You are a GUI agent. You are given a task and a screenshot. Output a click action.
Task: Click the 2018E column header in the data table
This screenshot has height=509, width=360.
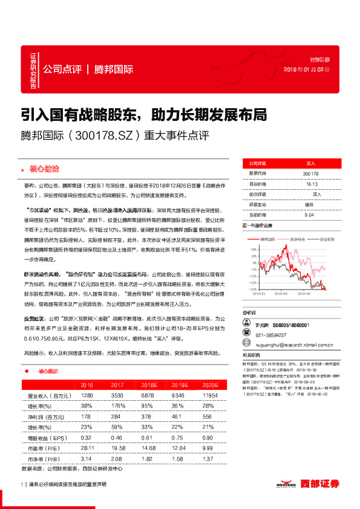pos(148,385)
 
